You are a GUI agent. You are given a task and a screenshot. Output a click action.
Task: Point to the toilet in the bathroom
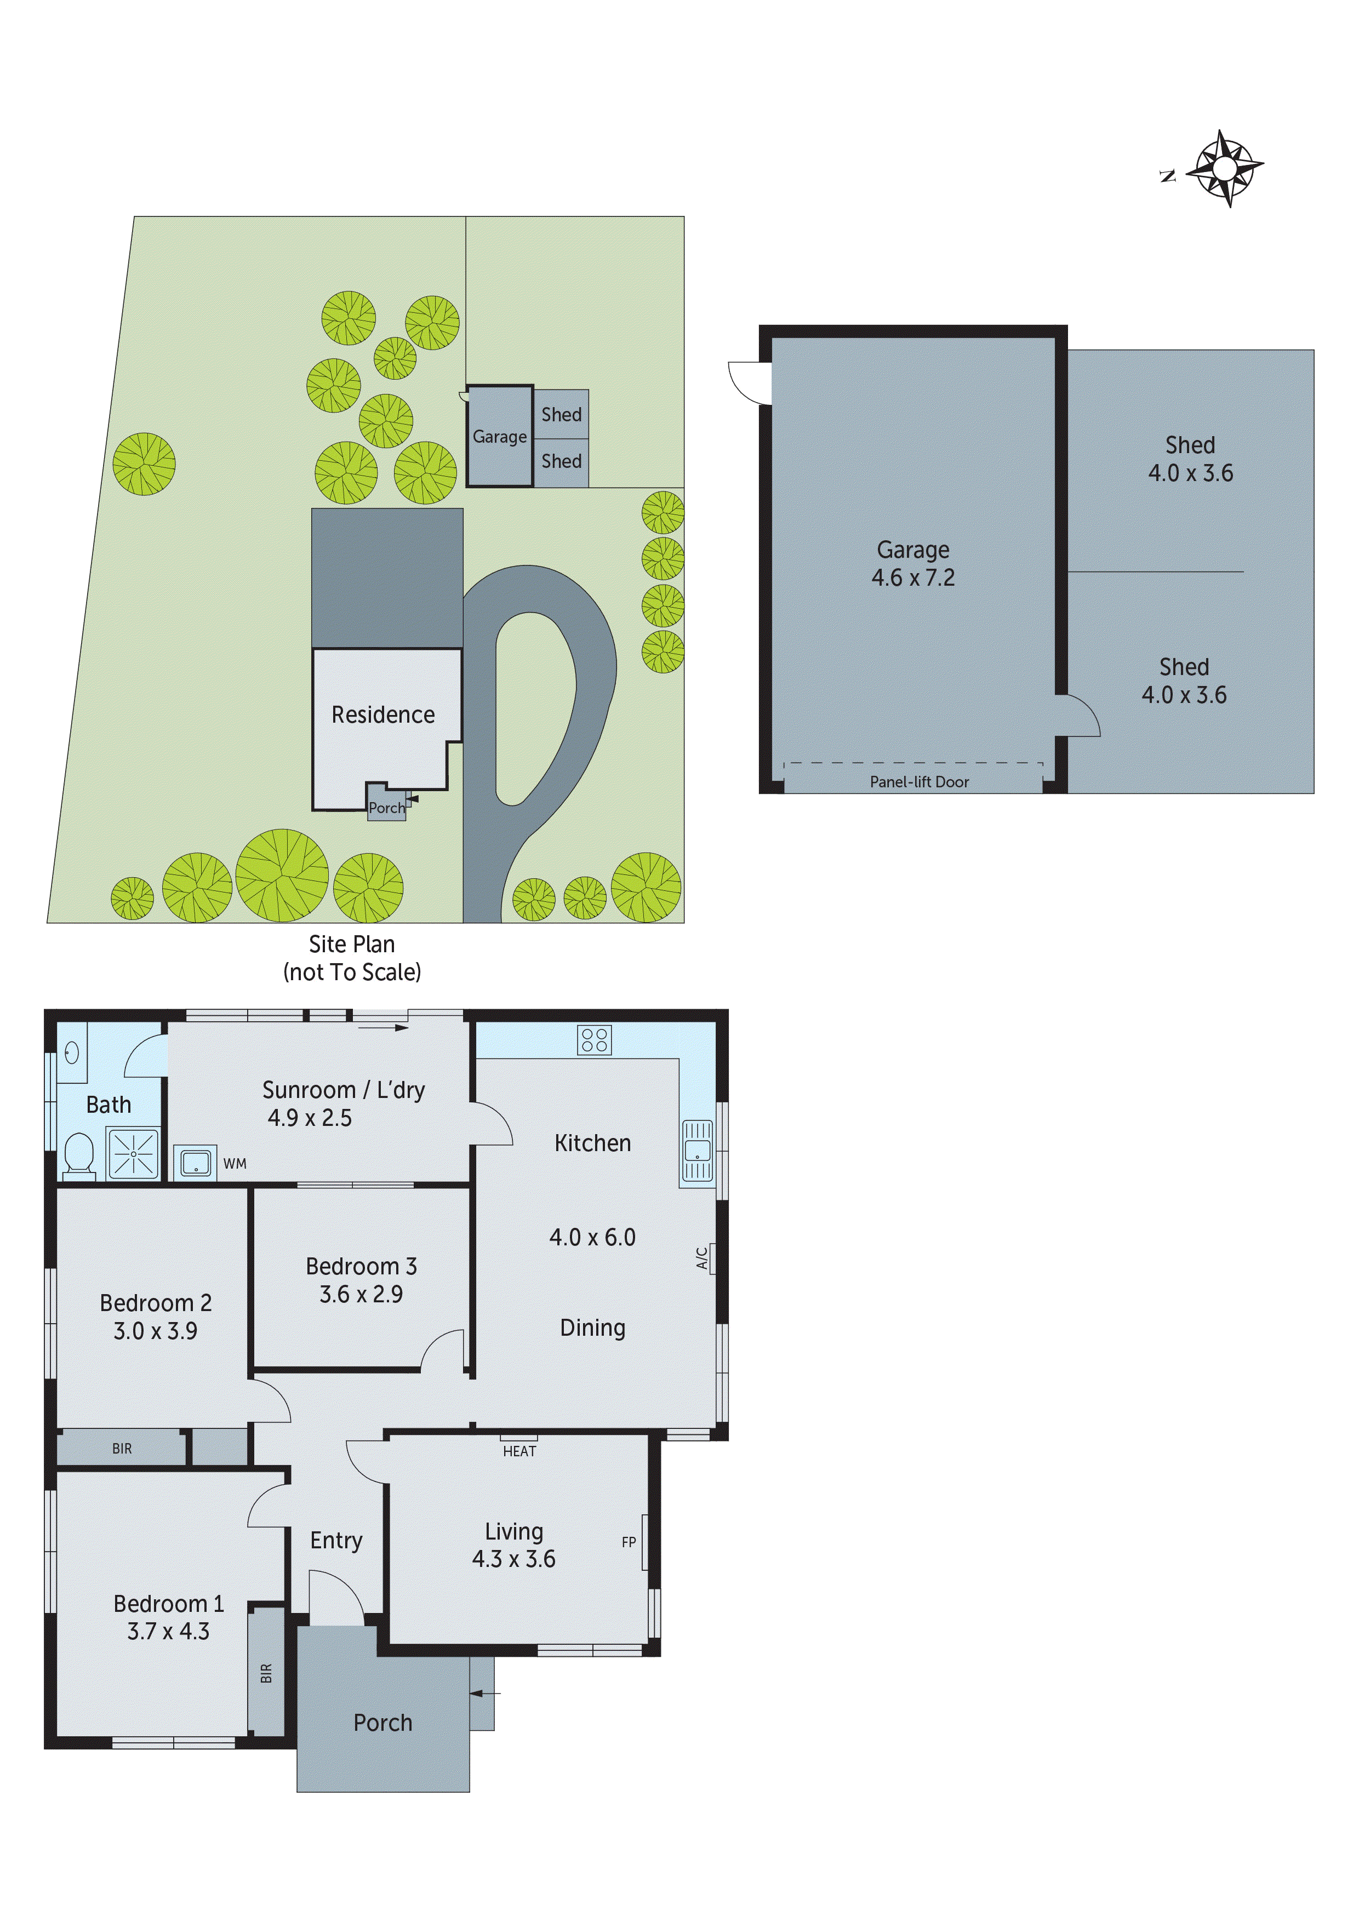pos(79,1154)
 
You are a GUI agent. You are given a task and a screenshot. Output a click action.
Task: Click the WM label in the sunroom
pos(235,1164)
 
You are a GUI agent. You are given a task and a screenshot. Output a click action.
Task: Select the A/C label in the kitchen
pos(701,1257)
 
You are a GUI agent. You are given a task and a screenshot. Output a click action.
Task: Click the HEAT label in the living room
pos(519,1451)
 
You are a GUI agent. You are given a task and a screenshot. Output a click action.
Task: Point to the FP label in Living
pos(629,1542)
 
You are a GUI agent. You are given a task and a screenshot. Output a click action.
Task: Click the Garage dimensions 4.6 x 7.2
pos(913,577)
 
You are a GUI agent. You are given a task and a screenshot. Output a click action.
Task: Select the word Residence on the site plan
pos(382,715)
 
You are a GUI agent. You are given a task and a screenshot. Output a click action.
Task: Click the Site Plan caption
pos(352,944)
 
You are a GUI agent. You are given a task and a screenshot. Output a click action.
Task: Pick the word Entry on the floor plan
pos(336,1540)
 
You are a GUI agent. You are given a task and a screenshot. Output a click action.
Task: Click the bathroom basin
pos(72,1052)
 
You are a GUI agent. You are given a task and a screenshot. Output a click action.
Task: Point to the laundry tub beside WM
pos(196,1163)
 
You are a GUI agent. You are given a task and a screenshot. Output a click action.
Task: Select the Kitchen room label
pos(593,1143)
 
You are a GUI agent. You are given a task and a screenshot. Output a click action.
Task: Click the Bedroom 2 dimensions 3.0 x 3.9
pos(156,1331)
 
